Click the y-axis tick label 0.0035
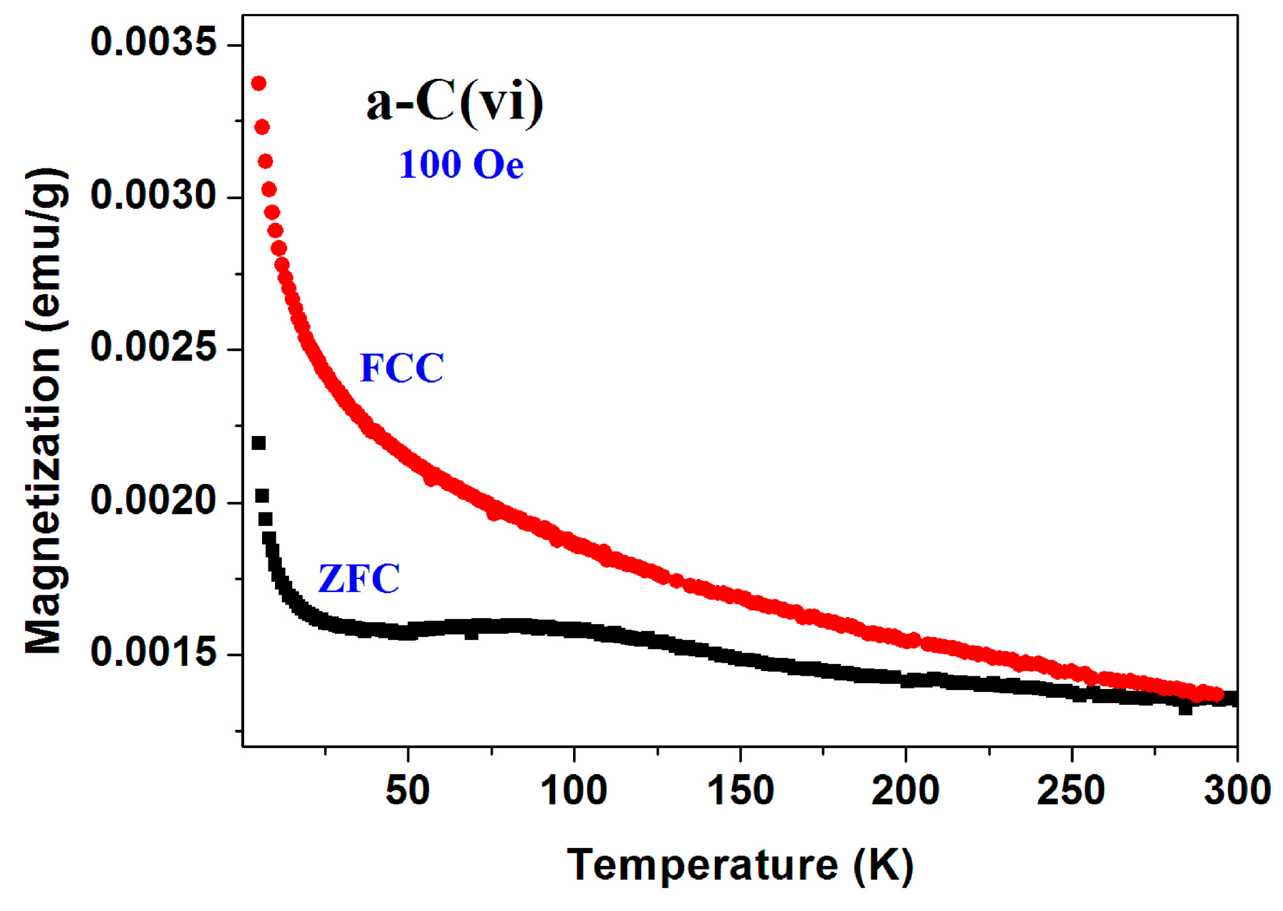[154, 43]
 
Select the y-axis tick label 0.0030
[154, 195]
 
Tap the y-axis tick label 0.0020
[154, 500]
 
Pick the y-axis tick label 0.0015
[154, 652]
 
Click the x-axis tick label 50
[407, 790]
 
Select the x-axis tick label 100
[574, 790]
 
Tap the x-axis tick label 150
[740, 790]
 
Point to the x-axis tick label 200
[905, 790]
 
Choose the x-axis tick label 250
[1071, 790]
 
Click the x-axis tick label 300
[1237, 790]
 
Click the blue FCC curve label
[402, 368]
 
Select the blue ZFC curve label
[359, 578]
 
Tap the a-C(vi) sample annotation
[455, 103]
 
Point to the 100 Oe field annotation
[461, 164]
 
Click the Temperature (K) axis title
[740, 865]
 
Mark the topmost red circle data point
[259, 83]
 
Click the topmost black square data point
[258, 443]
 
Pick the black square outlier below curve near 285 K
[1185, 709]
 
